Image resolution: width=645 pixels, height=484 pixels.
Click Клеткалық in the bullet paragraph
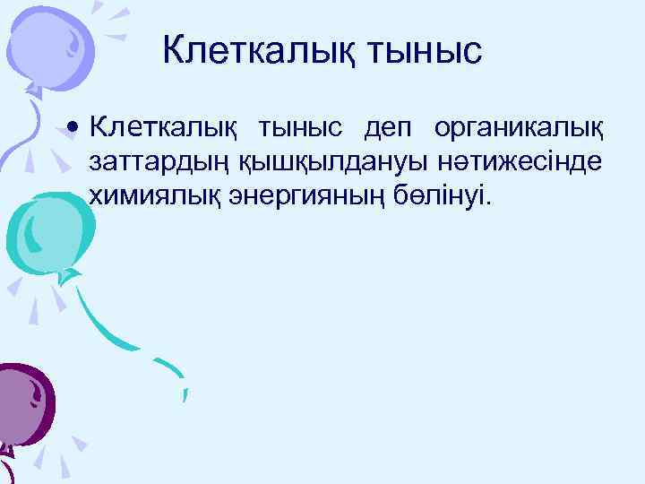click(x=163, y=130)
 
